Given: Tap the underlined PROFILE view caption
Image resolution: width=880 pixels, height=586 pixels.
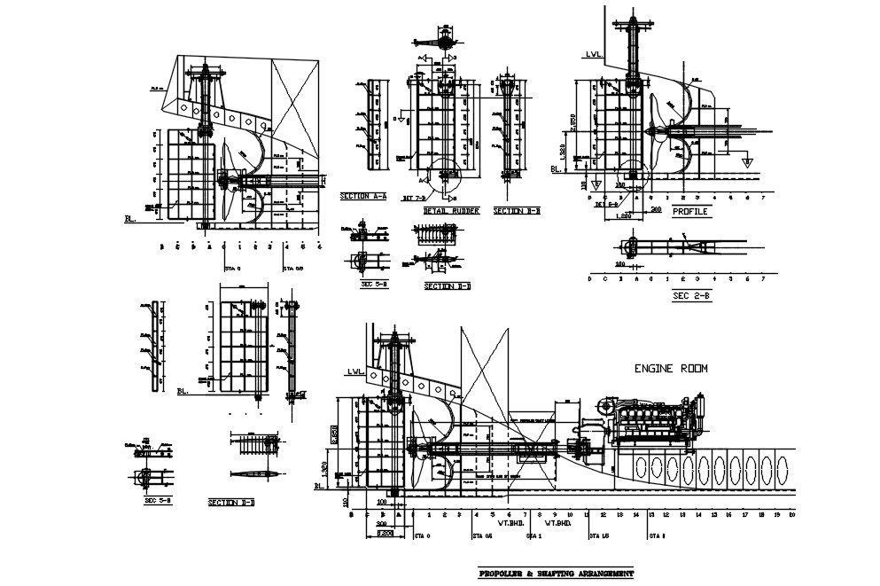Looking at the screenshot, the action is (690, 213).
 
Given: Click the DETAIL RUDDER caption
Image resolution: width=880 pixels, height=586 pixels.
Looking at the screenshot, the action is (451, 211).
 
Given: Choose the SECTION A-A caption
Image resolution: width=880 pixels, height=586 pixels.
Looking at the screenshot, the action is (363, 196).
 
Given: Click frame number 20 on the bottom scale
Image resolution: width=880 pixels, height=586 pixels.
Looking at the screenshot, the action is (791, 514).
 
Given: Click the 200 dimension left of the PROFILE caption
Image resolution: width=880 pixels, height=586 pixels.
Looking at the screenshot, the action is (656, 209).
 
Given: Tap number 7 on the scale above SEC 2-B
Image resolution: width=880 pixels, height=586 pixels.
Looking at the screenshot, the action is (763, 278).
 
